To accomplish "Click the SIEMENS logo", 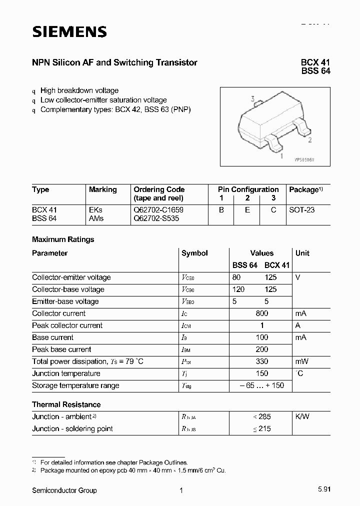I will (69, 32).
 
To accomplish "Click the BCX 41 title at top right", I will (315, 62).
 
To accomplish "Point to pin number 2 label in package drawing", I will (310, 140).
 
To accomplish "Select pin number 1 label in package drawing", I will (282, 156).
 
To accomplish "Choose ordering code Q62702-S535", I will (156, 218).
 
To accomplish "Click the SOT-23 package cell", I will (302, 210).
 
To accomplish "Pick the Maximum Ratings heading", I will (63, 239).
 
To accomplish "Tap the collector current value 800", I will (261, 313).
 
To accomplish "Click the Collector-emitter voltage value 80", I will (237, 277).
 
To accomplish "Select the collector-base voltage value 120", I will (238, 289).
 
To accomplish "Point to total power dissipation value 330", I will (261, 361).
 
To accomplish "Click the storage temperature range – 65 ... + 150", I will (261, 385).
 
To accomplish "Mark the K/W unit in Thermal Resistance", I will (303, 416).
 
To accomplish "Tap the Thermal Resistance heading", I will (66, 404).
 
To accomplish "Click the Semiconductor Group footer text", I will (64, 490).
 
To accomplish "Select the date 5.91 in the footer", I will (323, 490).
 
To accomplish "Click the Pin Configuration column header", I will (248, 189).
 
